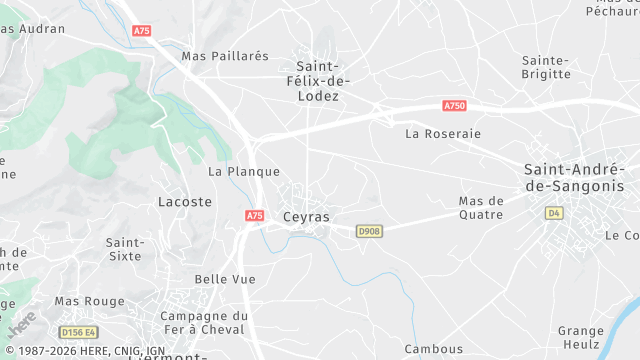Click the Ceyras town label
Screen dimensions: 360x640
click(x=306, y=216)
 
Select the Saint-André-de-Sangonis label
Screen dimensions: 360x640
click(x=574, y=178)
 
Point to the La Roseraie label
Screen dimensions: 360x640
click(x=443, y=133)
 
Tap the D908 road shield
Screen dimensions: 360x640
click(x=370, y=232)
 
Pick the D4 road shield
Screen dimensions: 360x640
click(x=554, y=213)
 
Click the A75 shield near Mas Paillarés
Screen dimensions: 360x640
click(x=142, y=32)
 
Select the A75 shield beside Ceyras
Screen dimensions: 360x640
click(x=254, y=215)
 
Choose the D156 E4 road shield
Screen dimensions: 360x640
click(x=77, y=332)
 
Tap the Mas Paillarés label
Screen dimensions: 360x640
click(x=225, y=56)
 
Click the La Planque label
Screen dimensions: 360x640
click(x=243, y=171)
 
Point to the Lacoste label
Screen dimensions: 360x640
click(x=185, y=201)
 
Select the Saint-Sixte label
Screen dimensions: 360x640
click(x=126, y=249)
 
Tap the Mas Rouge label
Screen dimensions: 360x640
click(x=89, y=301)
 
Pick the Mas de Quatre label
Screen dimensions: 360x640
click(x=481, y=207)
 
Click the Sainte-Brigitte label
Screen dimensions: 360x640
click(x=546, y=66)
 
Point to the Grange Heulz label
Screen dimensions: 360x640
click(x=581, y=337)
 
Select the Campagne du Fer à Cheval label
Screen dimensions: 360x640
click(x=204, y=323)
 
